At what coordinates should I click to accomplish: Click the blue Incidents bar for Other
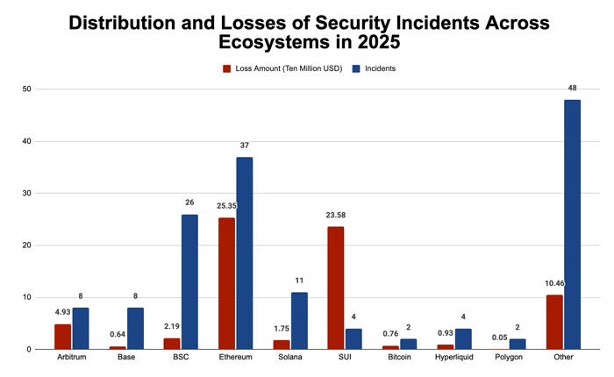coord(572,224)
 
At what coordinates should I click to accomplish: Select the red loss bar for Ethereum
coord(226,283)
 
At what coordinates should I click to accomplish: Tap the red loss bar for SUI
coord(336,288)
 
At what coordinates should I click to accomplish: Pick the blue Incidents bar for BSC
coord(189,281)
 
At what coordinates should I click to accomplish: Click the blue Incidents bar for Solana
coord(299,321)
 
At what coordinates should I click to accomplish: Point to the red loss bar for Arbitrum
coord(62,337)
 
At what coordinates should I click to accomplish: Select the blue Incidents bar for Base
coord(135,329)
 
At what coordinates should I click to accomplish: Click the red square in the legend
coord(226,69)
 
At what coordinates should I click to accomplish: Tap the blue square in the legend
coord(356,69)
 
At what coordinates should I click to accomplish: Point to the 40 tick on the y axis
coord(26,141)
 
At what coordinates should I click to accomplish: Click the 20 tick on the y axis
coord(26,245)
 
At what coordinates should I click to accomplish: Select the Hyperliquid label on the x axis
coord(453,357)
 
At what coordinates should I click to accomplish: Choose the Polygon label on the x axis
coord(509,357)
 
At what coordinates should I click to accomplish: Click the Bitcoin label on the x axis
coord(399,357)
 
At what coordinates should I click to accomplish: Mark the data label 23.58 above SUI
coord(336,215)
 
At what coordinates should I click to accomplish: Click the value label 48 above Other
coord(572,88)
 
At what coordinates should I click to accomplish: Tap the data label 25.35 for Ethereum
coord(226,206)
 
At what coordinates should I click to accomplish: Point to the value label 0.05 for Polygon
coord(500,338)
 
